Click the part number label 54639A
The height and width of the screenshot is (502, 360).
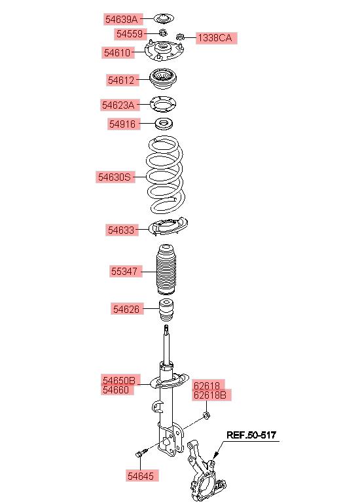121,19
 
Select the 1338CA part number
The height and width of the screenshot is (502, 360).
215,38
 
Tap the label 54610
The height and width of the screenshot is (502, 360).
117,52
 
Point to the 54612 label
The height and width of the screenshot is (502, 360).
121,80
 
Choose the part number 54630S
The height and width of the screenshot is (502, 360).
115,177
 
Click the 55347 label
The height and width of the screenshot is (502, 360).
124,272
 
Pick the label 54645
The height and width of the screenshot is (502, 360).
141,476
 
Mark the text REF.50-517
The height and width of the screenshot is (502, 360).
251,435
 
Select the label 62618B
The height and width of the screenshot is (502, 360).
210,395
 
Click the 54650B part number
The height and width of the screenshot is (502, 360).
119,380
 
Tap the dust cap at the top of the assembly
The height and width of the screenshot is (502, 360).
164,19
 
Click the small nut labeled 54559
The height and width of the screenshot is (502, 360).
163,32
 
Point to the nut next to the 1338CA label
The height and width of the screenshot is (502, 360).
181,37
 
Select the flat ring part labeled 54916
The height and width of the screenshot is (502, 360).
164,124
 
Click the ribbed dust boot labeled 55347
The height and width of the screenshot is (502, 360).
166,270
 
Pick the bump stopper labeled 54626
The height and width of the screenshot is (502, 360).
166,310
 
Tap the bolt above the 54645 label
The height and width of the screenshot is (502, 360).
141,453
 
